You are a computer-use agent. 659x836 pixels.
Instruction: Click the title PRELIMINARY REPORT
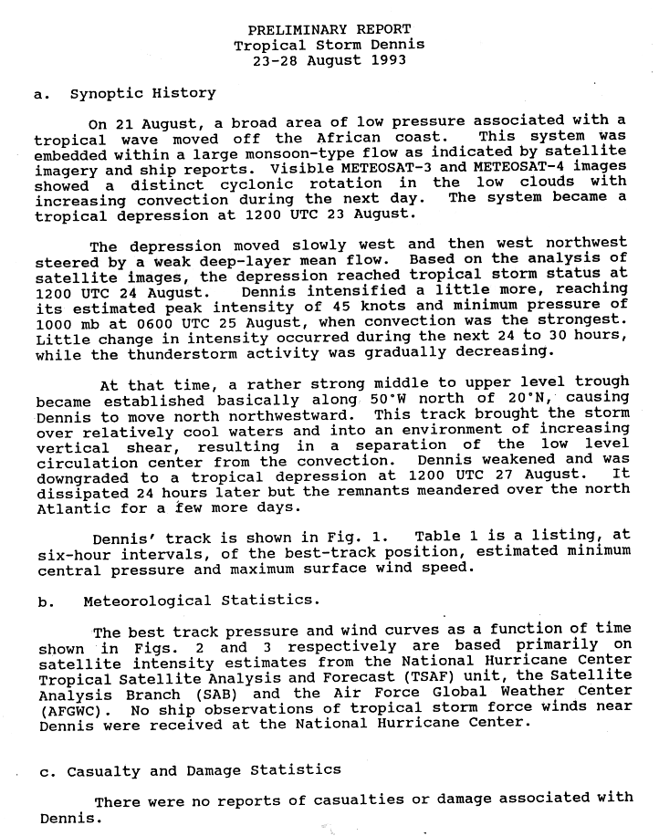(x=329, y=29)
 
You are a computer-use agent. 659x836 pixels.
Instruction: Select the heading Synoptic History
(x=142, y=93)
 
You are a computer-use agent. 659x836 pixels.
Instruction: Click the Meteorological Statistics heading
(x=202, y=601)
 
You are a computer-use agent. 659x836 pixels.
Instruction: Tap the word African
(x=351, y=138)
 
